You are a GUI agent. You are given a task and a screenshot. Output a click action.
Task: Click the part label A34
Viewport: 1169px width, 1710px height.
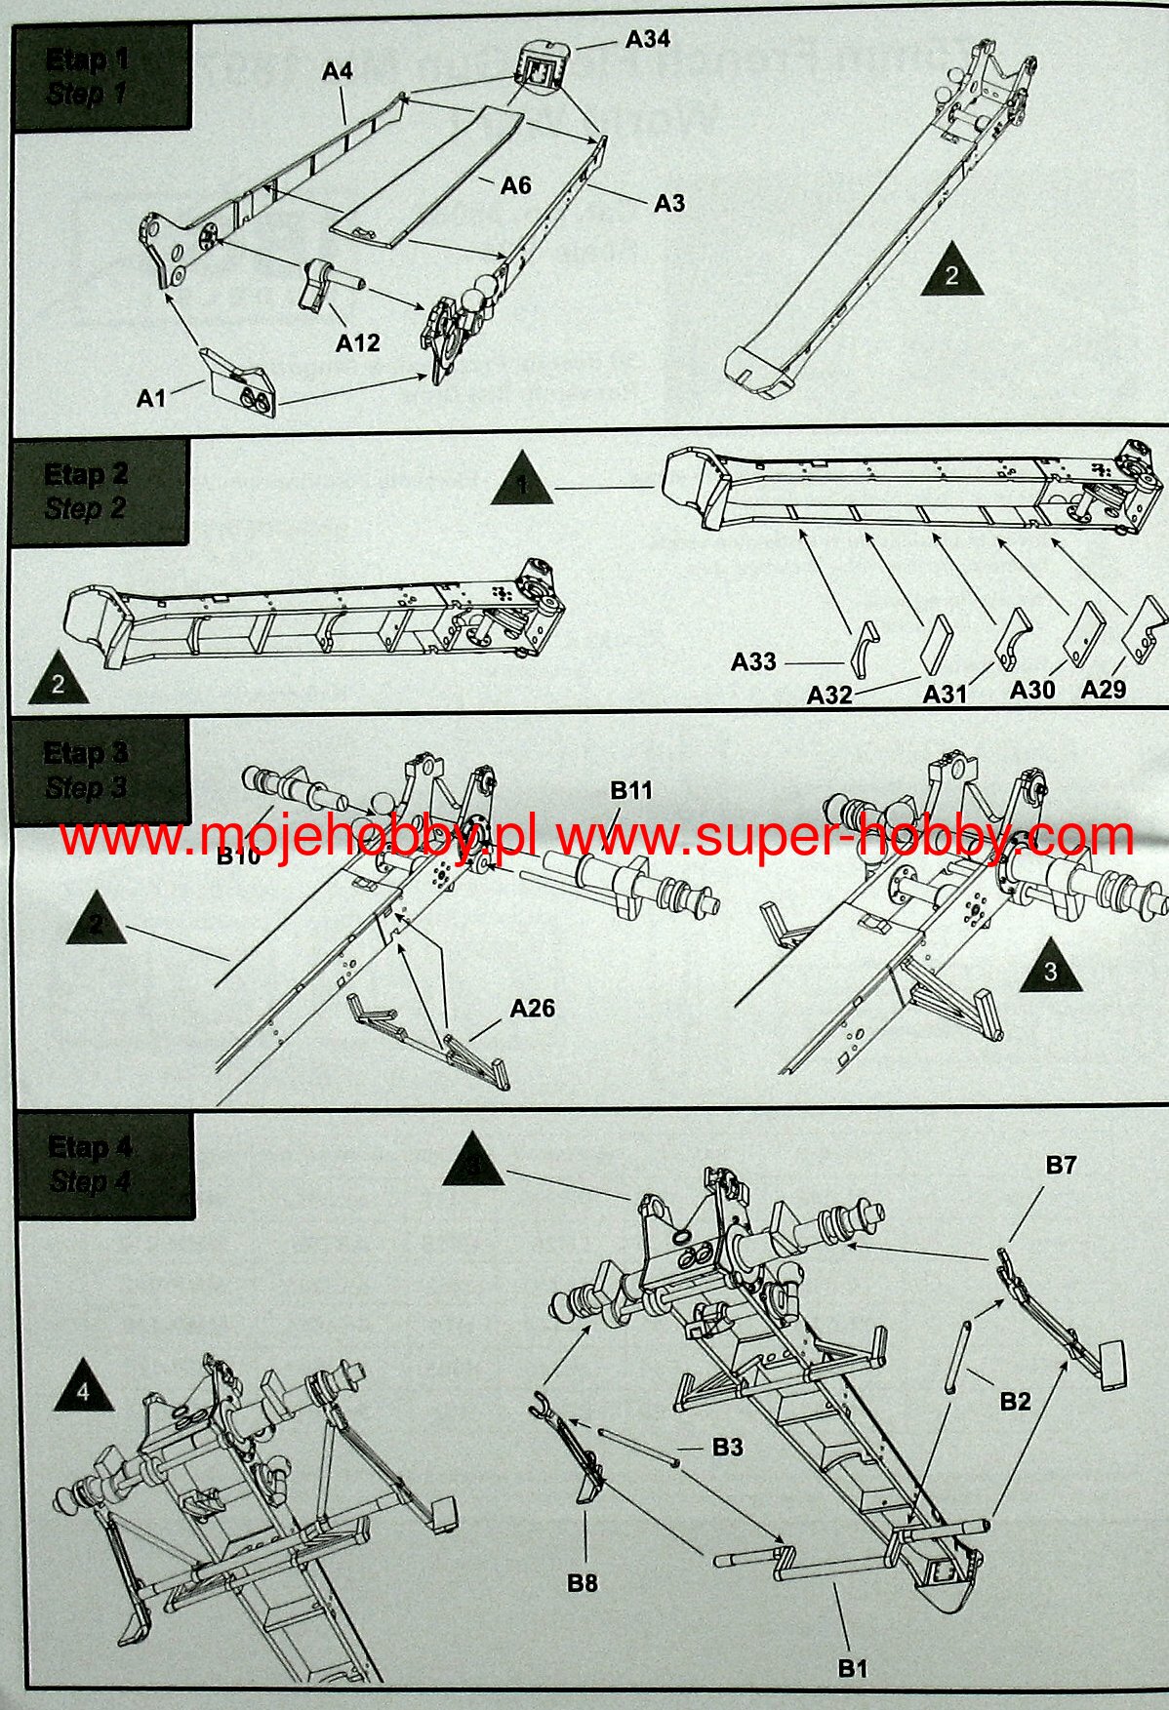pos(647,39)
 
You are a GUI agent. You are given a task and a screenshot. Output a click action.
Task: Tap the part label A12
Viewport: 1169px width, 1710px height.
pos(357,343)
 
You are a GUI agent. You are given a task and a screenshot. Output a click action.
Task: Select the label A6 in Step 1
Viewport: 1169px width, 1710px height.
pos(515,184)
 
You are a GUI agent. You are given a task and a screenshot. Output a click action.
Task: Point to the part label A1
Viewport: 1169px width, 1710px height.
pos(151,398)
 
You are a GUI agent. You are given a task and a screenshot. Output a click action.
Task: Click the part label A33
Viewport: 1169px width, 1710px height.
pos(753,662)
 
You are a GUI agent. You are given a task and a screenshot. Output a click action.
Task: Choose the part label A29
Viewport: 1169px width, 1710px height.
pos(1103,690)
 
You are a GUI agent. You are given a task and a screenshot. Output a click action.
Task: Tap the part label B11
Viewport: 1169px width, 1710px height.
pos(631,790)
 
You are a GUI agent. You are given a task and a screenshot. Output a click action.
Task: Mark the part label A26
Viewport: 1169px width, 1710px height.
pos(532,1008)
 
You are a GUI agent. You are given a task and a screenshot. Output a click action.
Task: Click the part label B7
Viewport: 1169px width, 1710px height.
pos(1061,1165)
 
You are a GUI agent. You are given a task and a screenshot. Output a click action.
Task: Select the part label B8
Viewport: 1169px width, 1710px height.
pos(583,1582)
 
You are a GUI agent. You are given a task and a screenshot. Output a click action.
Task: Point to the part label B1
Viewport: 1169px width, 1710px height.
pos(853,1668)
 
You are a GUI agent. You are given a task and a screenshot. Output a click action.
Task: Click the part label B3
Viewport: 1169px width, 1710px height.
pos(727,1448)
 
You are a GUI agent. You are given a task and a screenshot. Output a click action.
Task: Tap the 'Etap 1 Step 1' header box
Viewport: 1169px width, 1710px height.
pos(101,77)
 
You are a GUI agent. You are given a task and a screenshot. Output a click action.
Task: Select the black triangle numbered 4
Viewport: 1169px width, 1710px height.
pos(83,1390)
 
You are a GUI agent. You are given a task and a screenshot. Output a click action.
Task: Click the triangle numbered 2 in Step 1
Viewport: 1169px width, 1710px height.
pos(951,271)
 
